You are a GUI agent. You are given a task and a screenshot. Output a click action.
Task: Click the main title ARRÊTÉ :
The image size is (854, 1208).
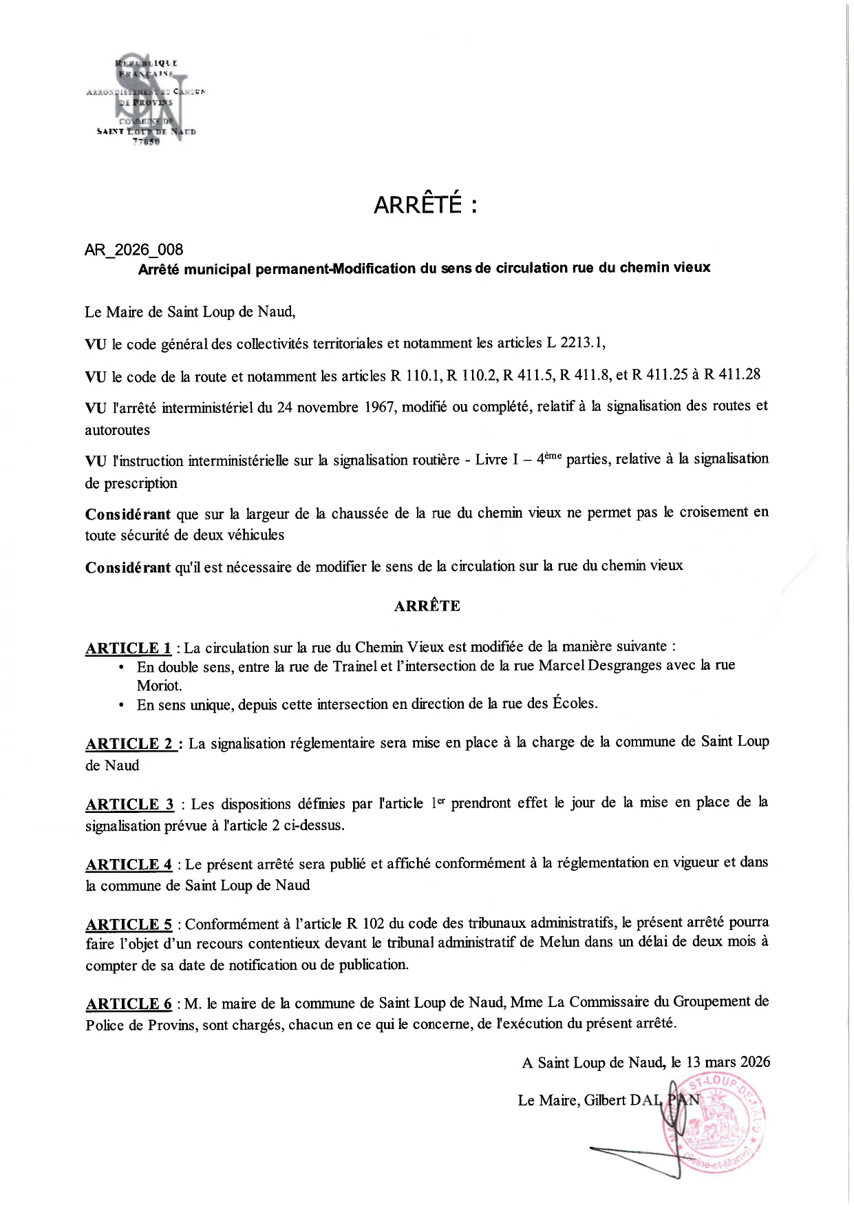(x=425, y=205)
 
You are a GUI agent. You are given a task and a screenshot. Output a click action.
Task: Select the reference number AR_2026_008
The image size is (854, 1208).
(x=134, y=250)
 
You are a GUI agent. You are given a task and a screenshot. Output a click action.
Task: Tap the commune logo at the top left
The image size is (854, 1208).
(x=147, y=100)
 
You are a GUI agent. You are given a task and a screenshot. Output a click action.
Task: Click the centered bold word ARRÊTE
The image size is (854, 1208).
(x=427, y=606)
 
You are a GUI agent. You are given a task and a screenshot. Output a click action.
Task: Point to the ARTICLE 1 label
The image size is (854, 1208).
(x=128, y=648)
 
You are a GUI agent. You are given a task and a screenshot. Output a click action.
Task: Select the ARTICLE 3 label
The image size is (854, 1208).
(x=129, y=804)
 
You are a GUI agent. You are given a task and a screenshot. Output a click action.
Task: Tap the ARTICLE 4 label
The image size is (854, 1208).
(x=129, y=865)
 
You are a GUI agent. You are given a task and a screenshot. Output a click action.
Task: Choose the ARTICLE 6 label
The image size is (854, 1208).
(x=129, y=1004)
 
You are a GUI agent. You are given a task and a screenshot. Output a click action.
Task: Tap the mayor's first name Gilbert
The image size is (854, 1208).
(x=606, y=1100)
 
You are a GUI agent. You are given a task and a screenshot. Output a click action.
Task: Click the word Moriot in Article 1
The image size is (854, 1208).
(x=159, y=686)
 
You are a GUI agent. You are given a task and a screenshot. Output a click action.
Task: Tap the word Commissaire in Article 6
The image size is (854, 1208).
(x=618, y=1002)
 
